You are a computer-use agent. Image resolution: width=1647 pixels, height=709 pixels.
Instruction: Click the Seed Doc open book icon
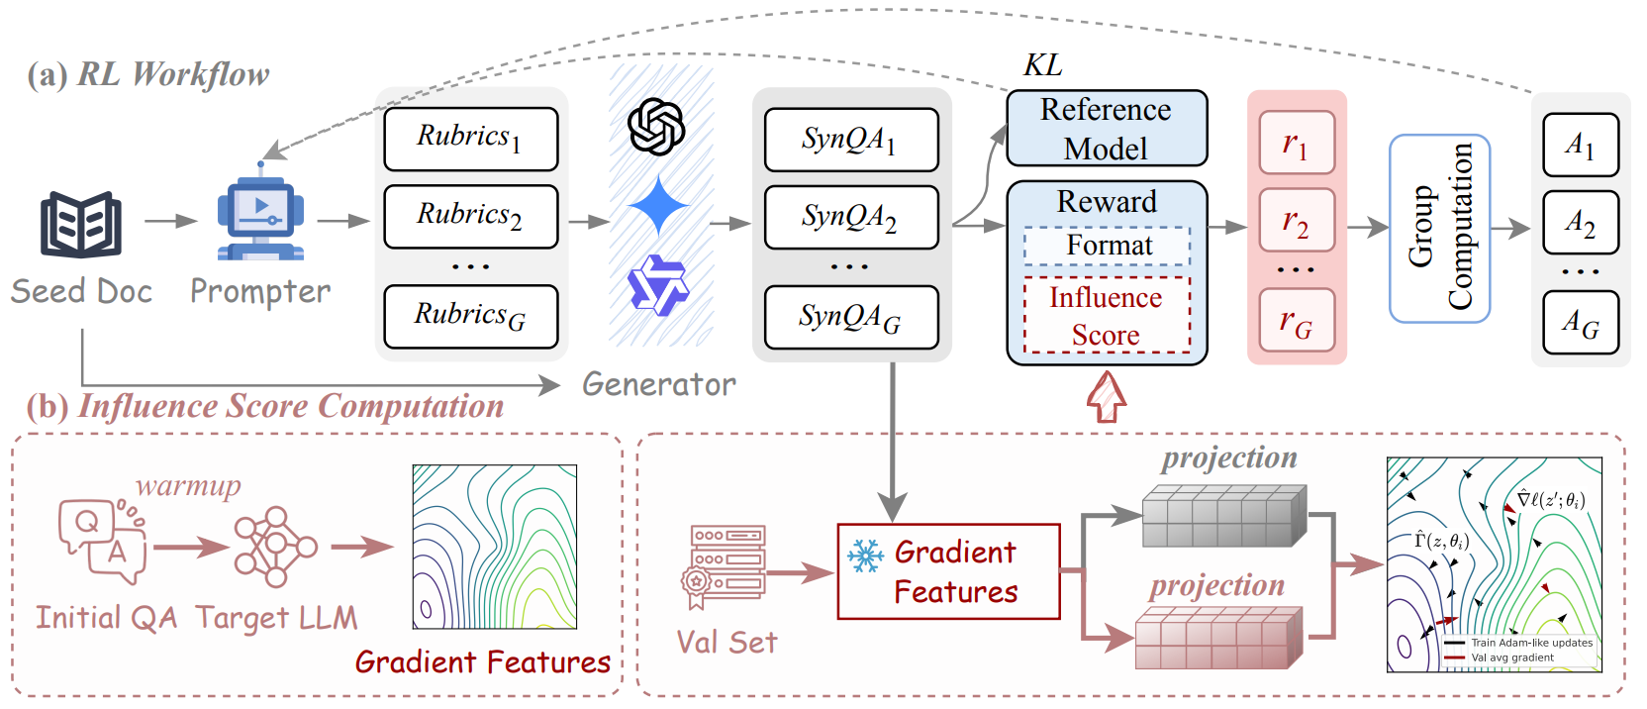(80, 225)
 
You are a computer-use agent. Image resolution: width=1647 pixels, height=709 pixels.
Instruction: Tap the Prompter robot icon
(260, 219)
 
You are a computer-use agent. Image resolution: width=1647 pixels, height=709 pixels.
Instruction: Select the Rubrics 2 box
(470, 216)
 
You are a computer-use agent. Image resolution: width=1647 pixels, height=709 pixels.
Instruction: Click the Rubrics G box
(470, 316)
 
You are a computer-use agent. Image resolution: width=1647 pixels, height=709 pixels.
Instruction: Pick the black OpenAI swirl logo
(657, 127)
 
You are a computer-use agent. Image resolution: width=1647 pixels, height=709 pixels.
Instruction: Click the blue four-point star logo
(658, 206)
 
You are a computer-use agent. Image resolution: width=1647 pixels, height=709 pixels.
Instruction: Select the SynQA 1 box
(850, 140)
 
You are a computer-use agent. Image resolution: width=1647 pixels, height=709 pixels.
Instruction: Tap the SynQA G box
(850, 318)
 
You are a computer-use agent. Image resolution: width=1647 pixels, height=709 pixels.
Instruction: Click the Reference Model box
(1106, 129)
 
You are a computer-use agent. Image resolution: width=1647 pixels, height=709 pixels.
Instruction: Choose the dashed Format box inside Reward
(1107, 246)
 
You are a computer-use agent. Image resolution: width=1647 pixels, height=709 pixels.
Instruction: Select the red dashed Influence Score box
(1106, 316)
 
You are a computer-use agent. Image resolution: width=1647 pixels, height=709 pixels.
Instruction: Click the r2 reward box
(1297, 222)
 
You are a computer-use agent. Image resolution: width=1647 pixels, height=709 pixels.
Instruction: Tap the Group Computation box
(1439, 228)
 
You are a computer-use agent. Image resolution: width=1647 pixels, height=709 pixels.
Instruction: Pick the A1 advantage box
(1580, 146)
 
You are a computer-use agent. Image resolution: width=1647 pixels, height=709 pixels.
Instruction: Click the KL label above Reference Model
(1042, 65)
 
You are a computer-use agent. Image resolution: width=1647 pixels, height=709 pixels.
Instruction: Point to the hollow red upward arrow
(1107, 396)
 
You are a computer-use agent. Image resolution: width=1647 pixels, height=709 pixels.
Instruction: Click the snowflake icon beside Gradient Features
(865, 556)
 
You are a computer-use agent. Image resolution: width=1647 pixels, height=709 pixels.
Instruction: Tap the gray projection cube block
(1223, 516)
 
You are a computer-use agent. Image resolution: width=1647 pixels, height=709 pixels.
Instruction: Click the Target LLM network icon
(275, 547)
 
